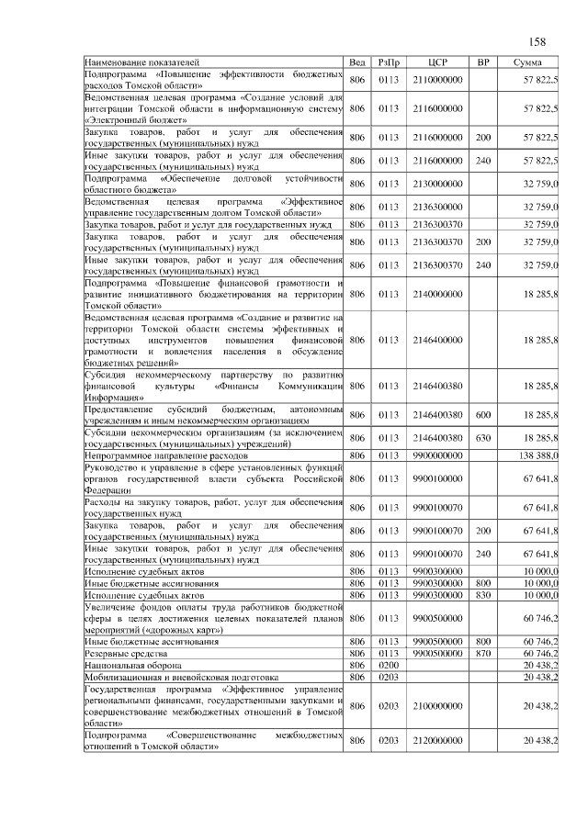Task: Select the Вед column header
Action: click(x=358, y=62)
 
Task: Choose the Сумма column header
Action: click(x=527, y=62)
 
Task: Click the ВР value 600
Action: click(x=482, y=415)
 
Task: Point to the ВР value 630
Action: click(x=482, y=438)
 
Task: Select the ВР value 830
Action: click(x=482, y=595)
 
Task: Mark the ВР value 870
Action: click(x=482, y=653)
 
